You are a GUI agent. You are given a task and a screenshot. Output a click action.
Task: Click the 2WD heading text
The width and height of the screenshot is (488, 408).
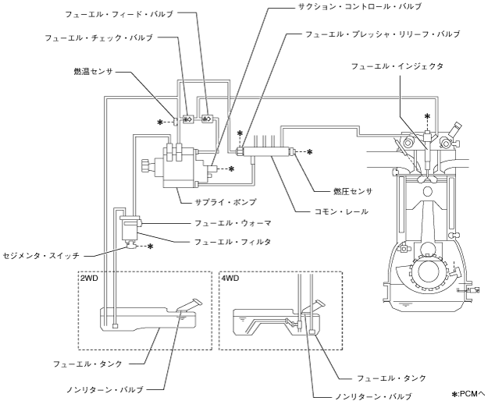[x=88, y=278]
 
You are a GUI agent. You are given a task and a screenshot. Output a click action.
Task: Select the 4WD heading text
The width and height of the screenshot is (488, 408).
[x=230, y=278]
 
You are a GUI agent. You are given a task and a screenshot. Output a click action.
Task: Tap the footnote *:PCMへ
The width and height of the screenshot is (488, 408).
[x=468, y=394]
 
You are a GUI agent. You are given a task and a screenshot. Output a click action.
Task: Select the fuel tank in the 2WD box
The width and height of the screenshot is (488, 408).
[x=141, y=320]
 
